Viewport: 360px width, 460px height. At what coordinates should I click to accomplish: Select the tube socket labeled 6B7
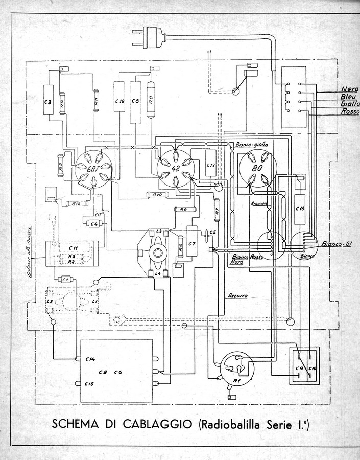[92, 168]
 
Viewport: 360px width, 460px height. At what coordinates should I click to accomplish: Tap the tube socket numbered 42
[175, 168]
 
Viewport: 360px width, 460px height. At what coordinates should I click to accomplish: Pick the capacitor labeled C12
[119, 102]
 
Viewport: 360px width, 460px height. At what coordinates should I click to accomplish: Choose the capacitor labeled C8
[135, 102]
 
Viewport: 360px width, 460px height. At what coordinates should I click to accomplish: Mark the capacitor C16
[300, 209]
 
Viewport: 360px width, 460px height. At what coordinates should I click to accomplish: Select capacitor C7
[192, 244]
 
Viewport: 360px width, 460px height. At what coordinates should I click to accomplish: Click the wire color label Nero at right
[348, 89]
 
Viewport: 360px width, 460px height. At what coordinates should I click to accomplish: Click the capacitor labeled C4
[93, 223]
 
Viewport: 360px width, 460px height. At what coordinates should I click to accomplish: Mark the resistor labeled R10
[157, 195]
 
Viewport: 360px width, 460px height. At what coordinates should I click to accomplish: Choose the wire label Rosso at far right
[349, 112]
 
